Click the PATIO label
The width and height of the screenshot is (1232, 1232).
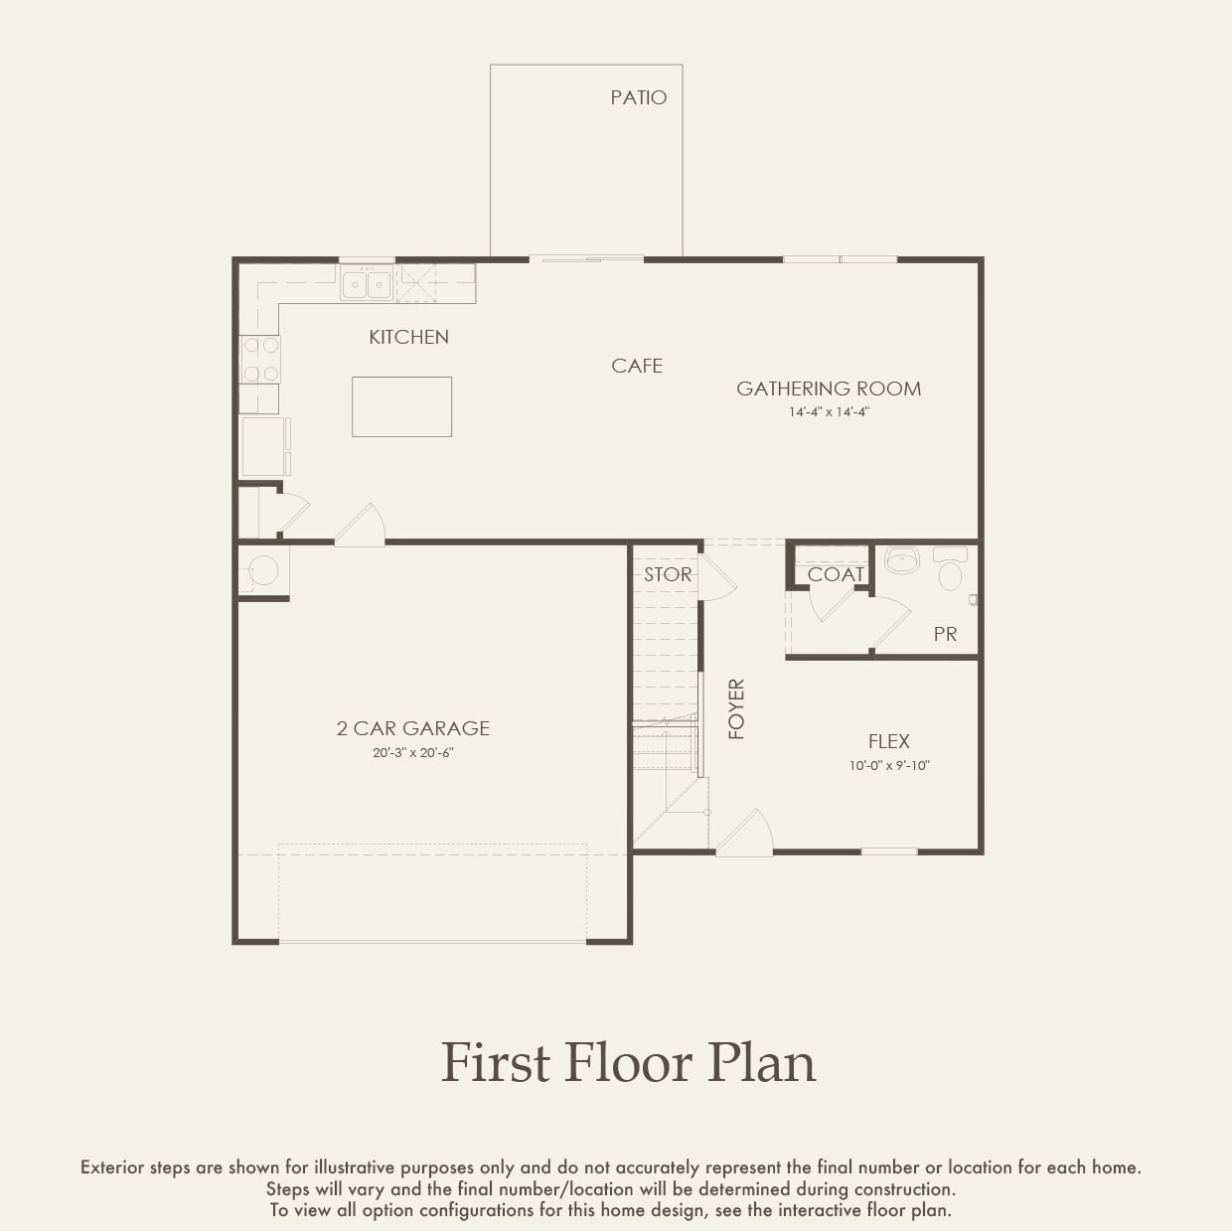point(638,97)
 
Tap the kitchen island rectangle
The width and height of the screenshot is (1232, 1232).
point(401,406)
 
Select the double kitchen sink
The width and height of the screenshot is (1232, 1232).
point(367,284)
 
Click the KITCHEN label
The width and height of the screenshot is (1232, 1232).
point(408,338)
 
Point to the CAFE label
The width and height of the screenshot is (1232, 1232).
point(637,367)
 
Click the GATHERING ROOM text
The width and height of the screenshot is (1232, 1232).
point(828,388)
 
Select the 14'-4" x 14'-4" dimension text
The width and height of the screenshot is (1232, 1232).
point(829,412)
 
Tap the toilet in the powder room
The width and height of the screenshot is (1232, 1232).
point(951,571)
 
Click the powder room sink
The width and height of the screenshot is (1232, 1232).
point(902,560)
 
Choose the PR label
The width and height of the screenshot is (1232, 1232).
point(945,634)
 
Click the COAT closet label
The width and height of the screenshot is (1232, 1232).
point(835,575)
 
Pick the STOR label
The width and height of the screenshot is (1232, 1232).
point(667,575)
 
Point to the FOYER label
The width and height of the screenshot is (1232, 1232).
point(736,708)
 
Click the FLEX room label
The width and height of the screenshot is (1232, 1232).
point(888,741)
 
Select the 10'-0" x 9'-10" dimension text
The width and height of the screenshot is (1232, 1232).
point(888,766)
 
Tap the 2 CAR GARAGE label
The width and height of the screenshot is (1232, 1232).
point(412,728)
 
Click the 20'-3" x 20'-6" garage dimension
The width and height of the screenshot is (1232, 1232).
point(412,753)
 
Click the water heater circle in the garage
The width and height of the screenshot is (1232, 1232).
point(263,570)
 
